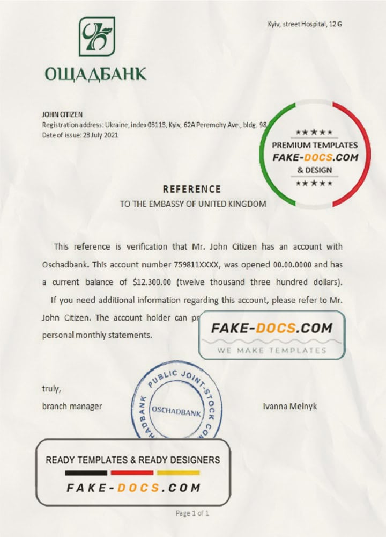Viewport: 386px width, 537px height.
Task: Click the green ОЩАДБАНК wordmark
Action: pyautogui.click(x=96, y=72)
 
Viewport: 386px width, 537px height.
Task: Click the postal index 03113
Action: pyautogui.click(x=154, y=125)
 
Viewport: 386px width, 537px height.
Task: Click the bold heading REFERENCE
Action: pyautogui.click(x=191, y=189)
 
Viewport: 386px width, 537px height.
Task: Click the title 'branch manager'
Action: pyautogui.click(x=72, y=406)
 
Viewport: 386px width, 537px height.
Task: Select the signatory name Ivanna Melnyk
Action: pyautogui.click(x=289, y=406)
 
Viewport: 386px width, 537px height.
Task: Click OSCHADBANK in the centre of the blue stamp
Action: pyautogui.click(x=176, y=412)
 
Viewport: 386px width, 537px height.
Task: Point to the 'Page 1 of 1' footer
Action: pyautogui.click(x=192, y=513)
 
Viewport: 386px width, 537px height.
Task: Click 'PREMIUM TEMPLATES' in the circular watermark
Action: pyautogui.click(x=315, y=145)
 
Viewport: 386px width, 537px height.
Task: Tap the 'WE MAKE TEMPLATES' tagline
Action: pyautogui.click(x=272, y=351)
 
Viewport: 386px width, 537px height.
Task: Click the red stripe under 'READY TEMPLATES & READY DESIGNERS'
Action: pyautogui.click(x=132, y=473)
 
